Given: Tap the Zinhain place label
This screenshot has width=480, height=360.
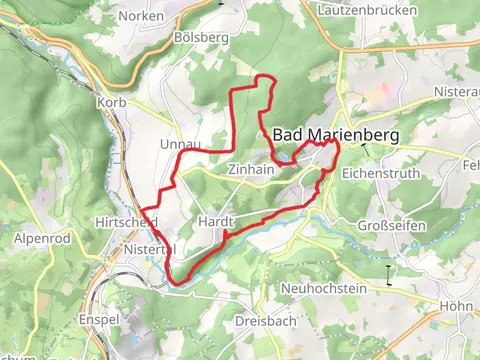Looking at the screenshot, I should click(x=250, y=170).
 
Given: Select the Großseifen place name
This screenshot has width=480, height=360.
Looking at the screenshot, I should click(x=396, y=225).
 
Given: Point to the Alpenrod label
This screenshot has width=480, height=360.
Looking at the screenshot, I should click(x=37, y=238).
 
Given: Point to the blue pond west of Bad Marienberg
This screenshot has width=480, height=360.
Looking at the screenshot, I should click(x=285, y=157).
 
